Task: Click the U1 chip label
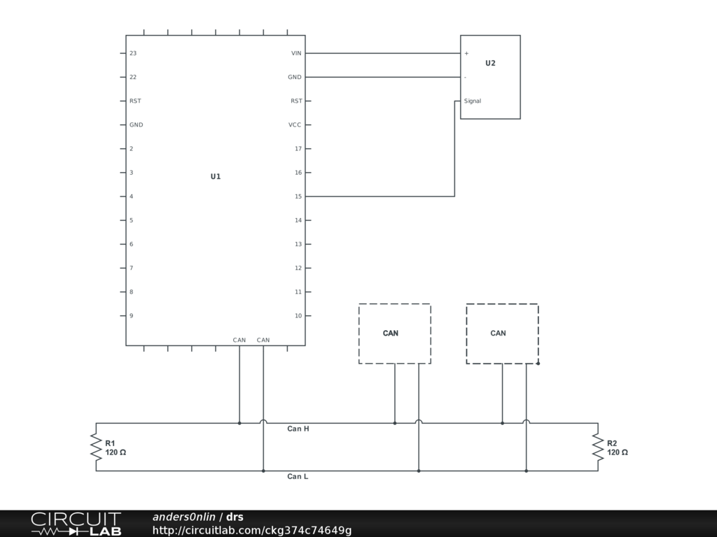[216, 177]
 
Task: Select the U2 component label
[490, 64]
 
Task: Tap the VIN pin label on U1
[296, 53]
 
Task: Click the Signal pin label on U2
[473, 101]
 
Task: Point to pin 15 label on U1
[298, 196]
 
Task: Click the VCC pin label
[295, 124]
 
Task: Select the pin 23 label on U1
[133, 53]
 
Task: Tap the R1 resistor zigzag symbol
[96, 447]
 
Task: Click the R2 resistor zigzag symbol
[598, 447]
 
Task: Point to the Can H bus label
[298, 429]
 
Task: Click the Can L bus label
[298, 476]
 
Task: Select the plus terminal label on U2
[466, 53]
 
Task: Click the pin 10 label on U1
[298, 315]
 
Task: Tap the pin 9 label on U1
[131, 315]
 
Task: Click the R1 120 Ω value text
[116, 452]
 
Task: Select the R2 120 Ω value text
[618, 452]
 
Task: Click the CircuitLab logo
[76, 524]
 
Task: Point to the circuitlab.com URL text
[252, 530]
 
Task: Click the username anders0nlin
[184, 517]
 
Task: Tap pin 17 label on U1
[298, 149]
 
